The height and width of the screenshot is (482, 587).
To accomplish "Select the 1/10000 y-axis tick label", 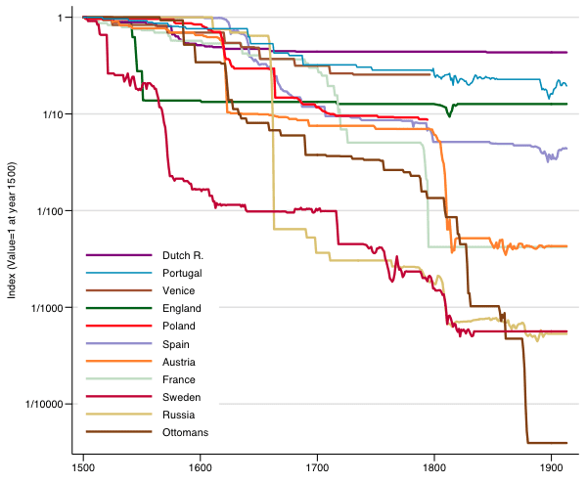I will (41, 404).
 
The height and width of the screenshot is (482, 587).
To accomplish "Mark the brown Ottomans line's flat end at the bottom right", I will (548, 443).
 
